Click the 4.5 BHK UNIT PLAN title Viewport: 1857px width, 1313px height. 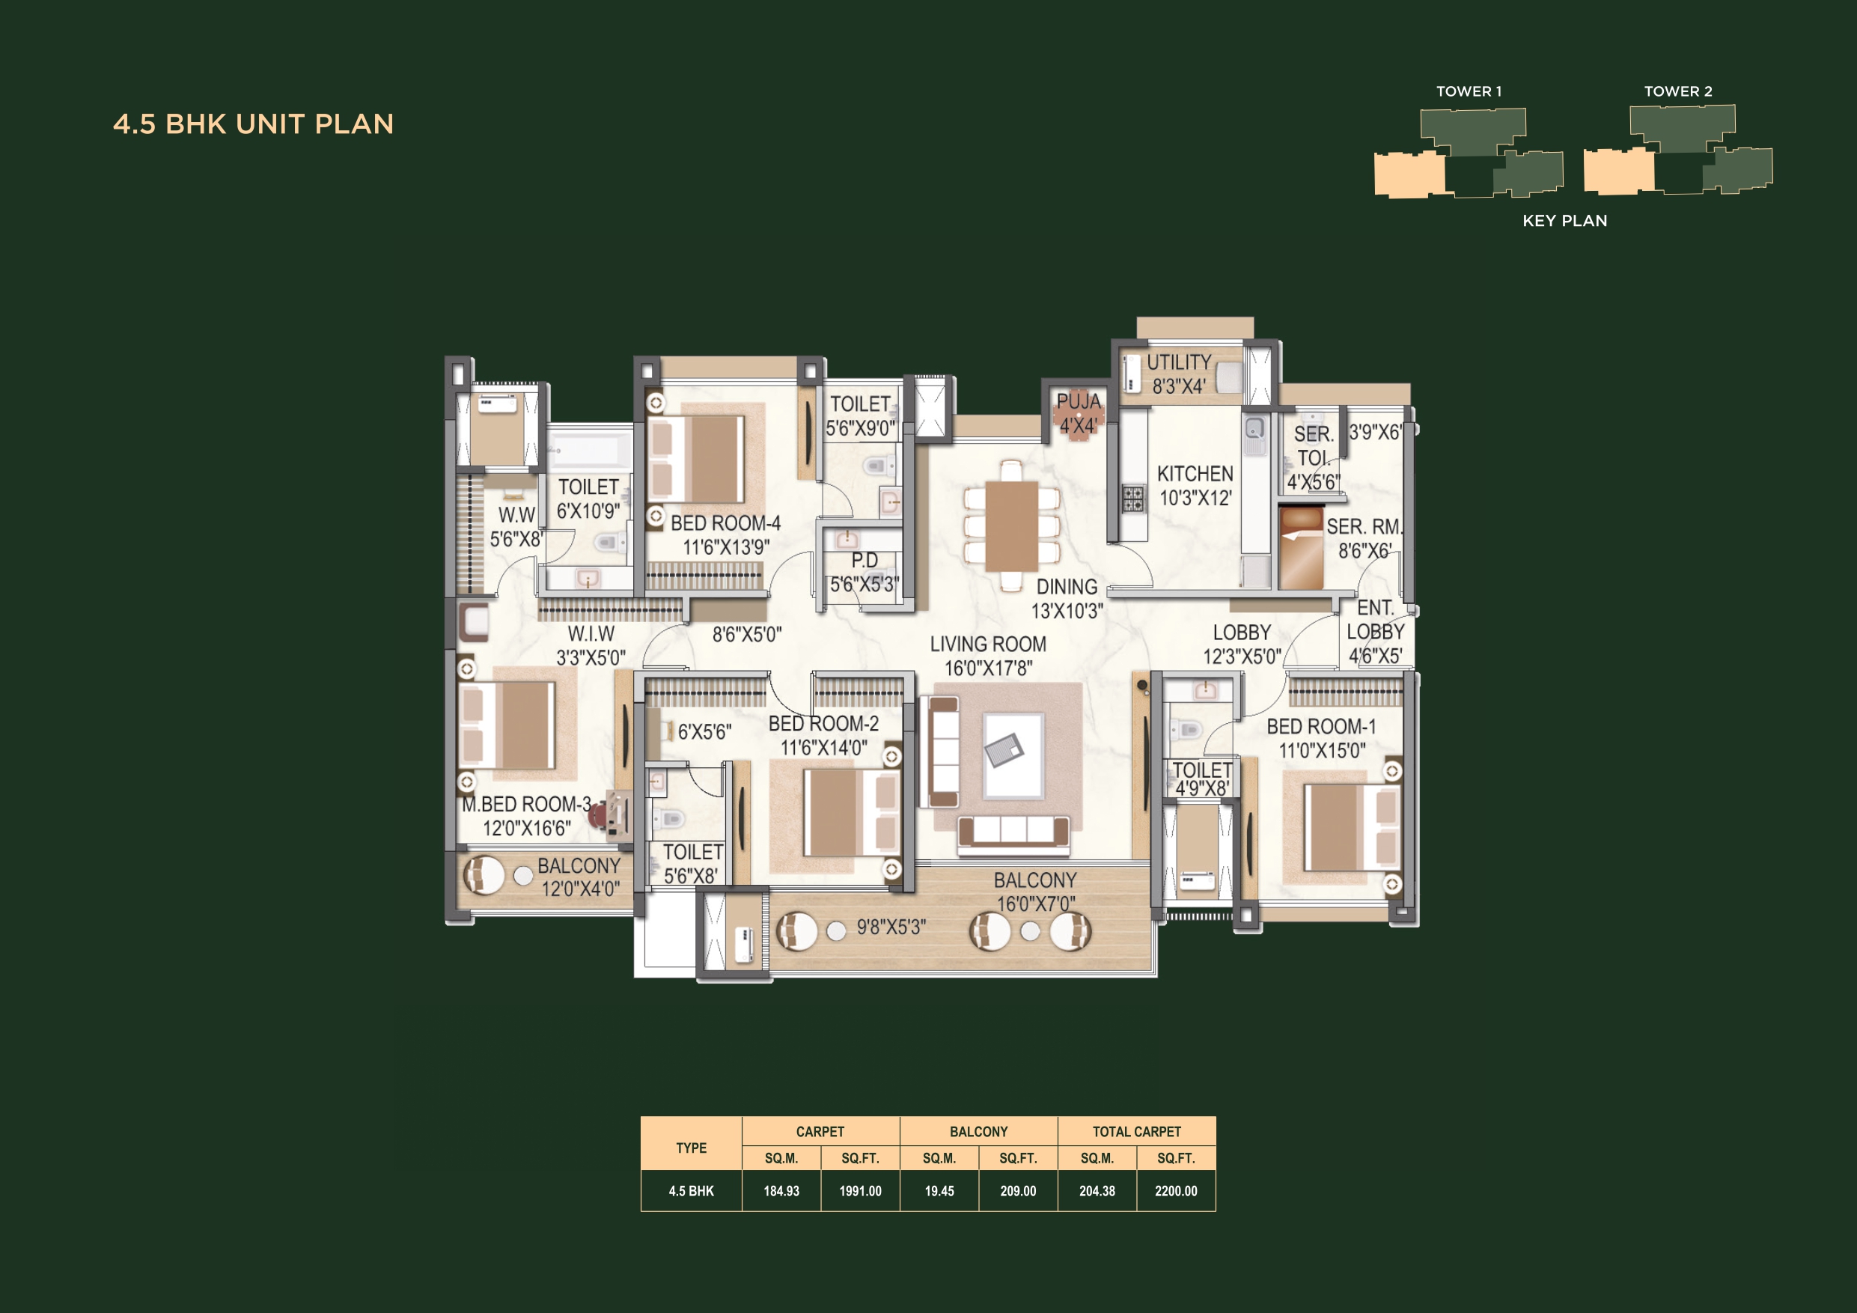[x=253, y=124]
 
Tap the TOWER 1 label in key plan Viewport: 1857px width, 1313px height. [x=1468, y=91]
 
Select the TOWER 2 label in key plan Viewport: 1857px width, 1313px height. [x=1677, y=91]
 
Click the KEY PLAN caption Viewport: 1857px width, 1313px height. [x=1564, y=221]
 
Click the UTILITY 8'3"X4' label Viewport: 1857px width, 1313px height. [x=1178, y=374]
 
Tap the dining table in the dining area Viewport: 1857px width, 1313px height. [x=1011, y=525]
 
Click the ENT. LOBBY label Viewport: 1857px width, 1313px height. [x=1375, y=631]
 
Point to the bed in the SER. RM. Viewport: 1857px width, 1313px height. [x=1302, y=548]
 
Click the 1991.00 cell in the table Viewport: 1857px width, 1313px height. [x=860, y=1191]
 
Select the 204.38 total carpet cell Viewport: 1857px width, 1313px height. [x=1097, y=1191]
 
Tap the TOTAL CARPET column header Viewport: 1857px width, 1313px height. [x=1136, y=1131]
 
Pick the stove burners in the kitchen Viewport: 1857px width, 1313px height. [x=1132, y=499]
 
